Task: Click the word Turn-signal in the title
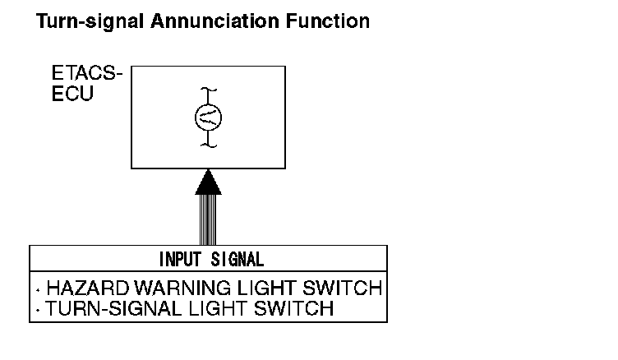pos(90,21)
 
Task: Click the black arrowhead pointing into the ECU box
pos(208,181)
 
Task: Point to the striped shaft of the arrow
pos(208,219)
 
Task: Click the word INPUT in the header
pos(178,260)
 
